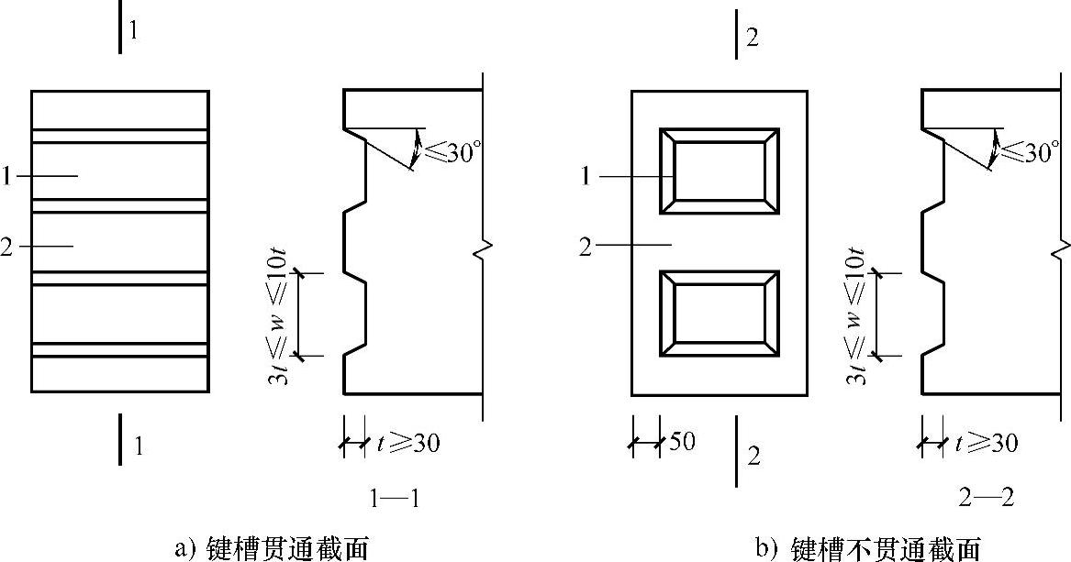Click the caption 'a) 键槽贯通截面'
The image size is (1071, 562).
tap(271, 548)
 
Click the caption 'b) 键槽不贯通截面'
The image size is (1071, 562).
tap(867, 548)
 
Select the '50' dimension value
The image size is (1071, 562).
tap(682, 443)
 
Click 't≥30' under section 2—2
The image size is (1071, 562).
tap(987, 444)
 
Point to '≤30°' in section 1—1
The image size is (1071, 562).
tap(453, 151)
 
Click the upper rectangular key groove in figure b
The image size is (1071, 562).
tap(720, 171)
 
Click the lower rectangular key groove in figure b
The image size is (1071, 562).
tap(720, 314)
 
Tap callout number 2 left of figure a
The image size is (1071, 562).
tap(7, 247)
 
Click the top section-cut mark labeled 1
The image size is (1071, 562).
tap(120, 31)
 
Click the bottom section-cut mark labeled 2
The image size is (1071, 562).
tap(736, 454)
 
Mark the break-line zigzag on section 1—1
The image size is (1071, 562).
tap(483, 248)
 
